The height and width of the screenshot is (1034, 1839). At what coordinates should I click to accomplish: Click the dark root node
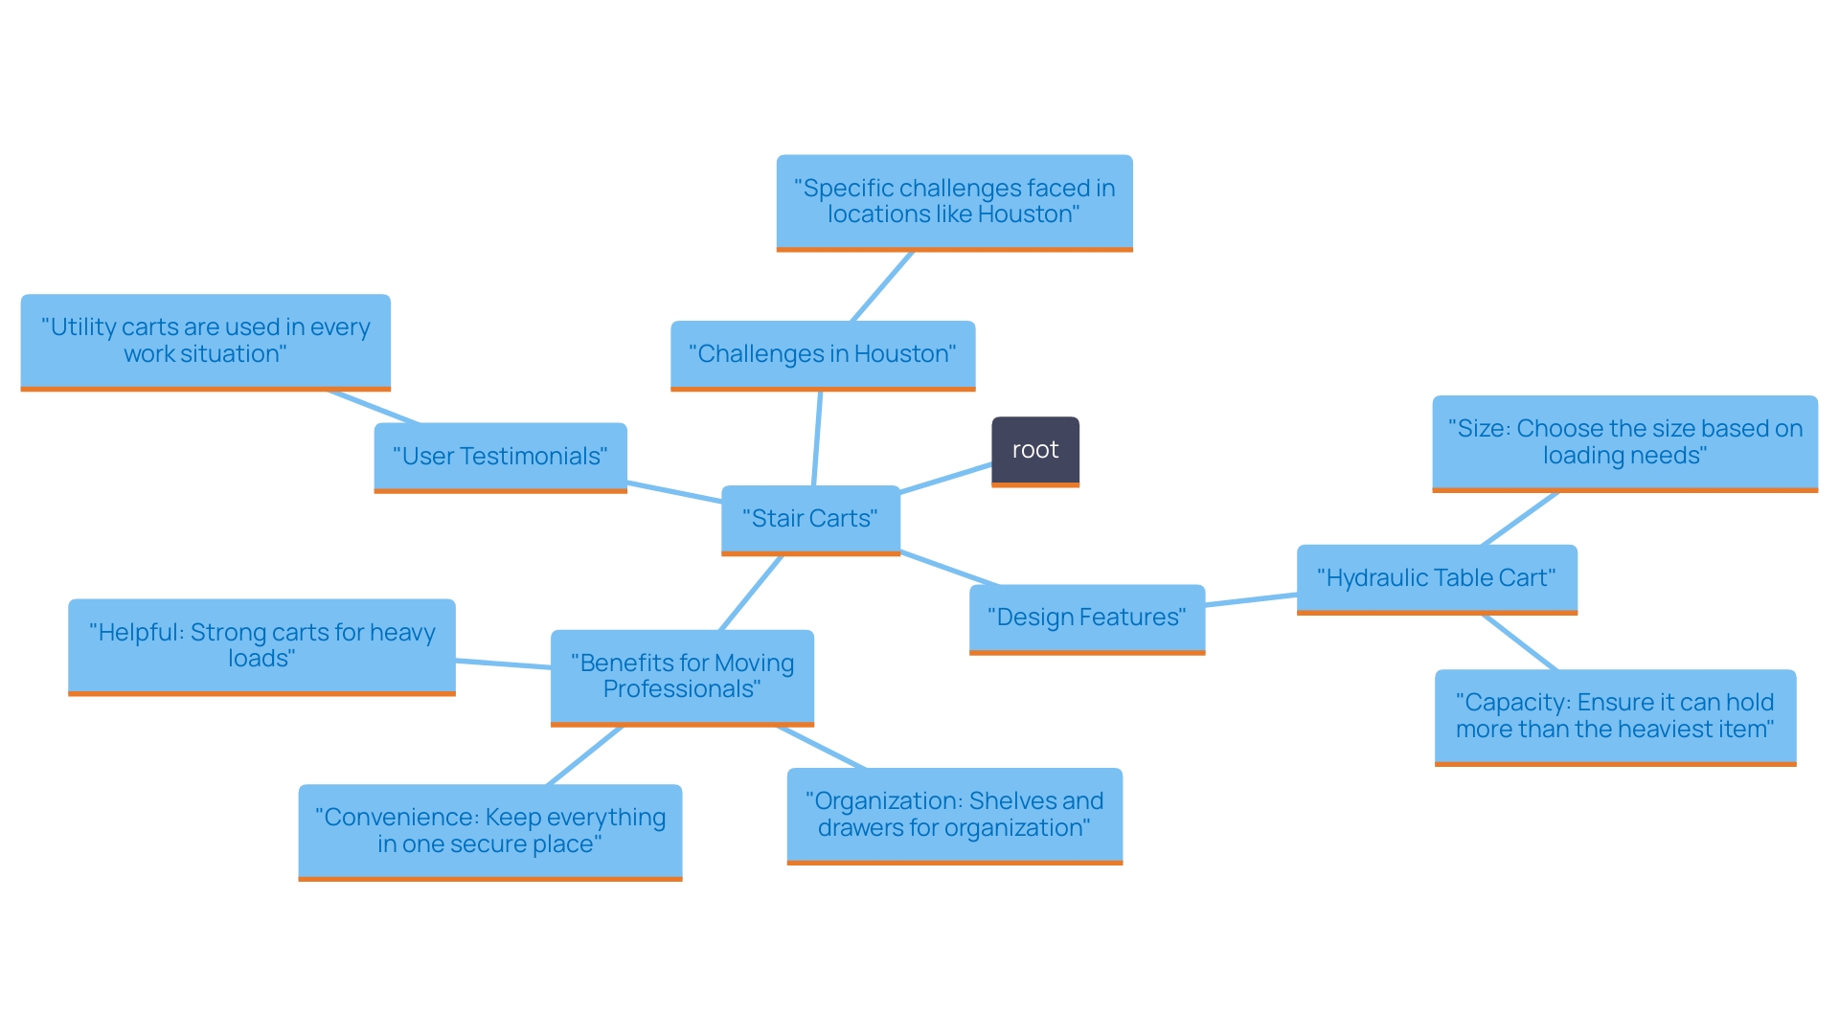pos(1034,450)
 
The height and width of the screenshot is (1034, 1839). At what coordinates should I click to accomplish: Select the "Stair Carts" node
pos(810,519)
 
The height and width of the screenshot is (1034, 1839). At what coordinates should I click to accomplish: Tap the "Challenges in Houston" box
pos(822,354)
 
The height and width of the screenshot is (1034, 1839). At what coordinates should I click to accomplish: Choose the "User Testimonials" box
pos(500,457)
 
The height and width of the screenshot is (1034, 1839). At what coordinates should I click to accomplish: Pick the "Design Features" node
pos(1086,618)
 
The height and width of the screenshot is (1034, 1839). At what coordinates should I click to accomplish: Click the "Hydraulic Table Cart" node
pos(1436,578)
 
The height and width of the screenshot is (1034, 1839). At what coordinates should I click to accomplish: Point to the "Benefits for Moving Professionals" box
pos(682,676)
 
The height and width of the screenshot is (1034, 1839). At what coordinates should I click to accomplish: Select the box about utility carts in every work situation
pos(205,341)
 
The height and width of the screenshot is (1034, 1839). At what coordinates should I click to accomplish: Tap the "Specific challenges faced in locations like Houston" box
pos(954,201)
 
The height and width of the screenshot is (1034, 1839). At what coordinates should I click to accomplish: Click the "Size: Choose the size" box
pos(1624,442)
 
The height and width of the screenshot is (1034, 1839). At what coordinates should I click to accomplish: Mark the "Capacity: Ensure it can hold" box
pos(1615,716)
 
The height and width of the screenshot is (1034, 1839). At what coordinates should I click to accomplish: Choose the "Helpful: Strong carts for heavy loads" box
pos(261,645)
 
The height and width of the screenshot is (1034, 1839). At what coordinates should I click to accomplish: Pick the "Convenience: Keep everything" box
pos(489,831)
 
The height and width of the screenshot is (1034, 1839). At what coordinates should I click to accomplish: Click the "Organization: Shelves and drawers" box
pos(954,815)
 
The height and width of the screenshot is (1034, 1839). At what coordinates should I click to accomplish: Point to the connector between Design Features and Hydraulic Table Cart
pos(1251,600)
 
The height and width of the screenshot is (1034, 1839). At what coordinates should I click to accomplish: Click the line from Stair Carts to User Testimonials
pos(674,492)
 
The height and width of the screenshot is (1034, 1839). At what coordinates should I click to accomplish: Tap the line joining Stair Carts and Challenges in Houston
pos(817,438)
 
